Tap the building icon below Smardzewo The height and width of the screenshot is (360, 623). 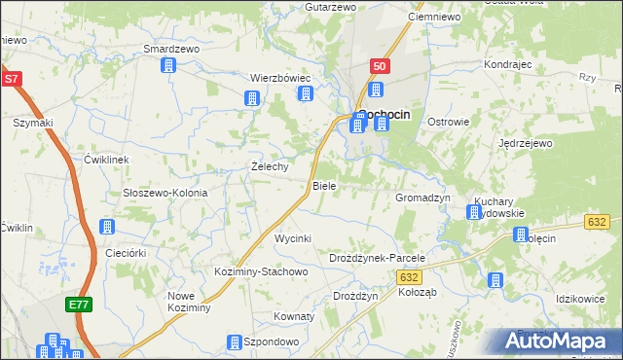coord(168,65)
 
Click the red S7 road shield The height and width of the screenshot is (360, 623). coord(11,80)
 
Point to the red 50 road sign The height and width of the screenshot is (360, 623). coord(380,65)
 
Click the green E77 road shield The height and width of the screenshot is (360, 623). coord(79,306)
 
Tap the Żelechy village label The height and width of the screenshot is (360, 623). coord(270,166)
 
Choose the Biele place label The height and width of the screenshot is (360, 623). coord(323,185)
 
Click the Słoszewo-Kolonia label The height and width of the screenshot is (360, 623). coord(165,193)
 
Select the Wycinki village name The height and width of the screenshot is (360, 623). coord(292,238)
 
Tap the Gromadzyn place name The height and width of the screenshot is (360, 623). coord(422,197)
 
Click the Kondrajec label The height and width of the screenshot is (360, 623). coord(506,64)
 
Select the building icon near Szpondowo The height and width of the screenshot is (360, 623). coord(234,342)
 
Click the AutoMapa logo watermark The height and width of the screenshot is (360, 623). coord(551,341)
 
